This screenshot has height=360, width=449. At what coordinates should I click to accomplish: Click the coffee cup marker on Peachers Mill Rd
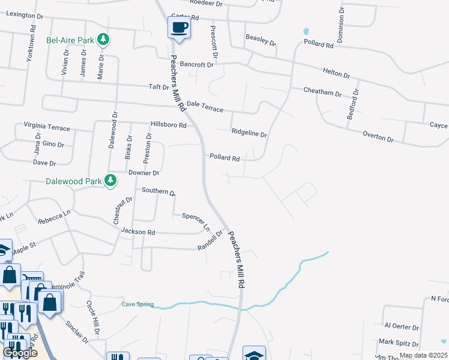pos(179,27)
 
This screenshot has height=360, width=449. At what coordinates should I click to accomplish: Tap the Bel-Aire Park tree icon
pos(104,40)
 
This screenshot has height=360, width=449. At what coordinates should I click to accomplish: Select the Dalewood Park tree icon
pos(110,180)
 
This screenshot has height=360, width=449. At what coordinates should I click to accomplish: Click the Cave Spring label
pos(137,304)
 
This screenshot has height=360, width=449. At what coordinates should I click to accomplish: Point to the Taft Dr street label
pos(159,87)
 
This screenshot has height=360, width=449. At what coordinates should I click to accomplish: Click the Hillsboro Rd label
pos(169,125)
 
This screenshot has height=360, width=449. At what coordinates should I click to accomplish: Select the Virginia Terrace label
pos(47,127)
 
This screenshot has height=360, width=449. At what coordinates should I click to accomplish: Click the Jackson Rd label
pos(138,232)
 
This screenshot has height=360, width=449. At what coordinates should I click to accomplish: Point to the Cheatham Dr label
pos(322,94)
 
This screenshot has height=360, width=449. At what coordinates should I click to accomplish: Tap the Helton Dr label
pos(336,73)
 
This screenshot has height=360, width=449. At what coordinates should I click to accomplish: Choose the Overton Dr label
pos(378,137)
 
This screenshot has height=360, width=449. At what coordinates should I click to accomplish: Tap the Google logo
pos(20,353)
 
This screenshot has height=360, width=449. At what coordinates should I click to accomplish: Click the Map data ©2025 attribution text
pos(423,355)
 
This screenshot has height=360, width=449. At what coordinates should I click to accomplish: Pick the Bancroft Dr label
pos(196,64)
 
